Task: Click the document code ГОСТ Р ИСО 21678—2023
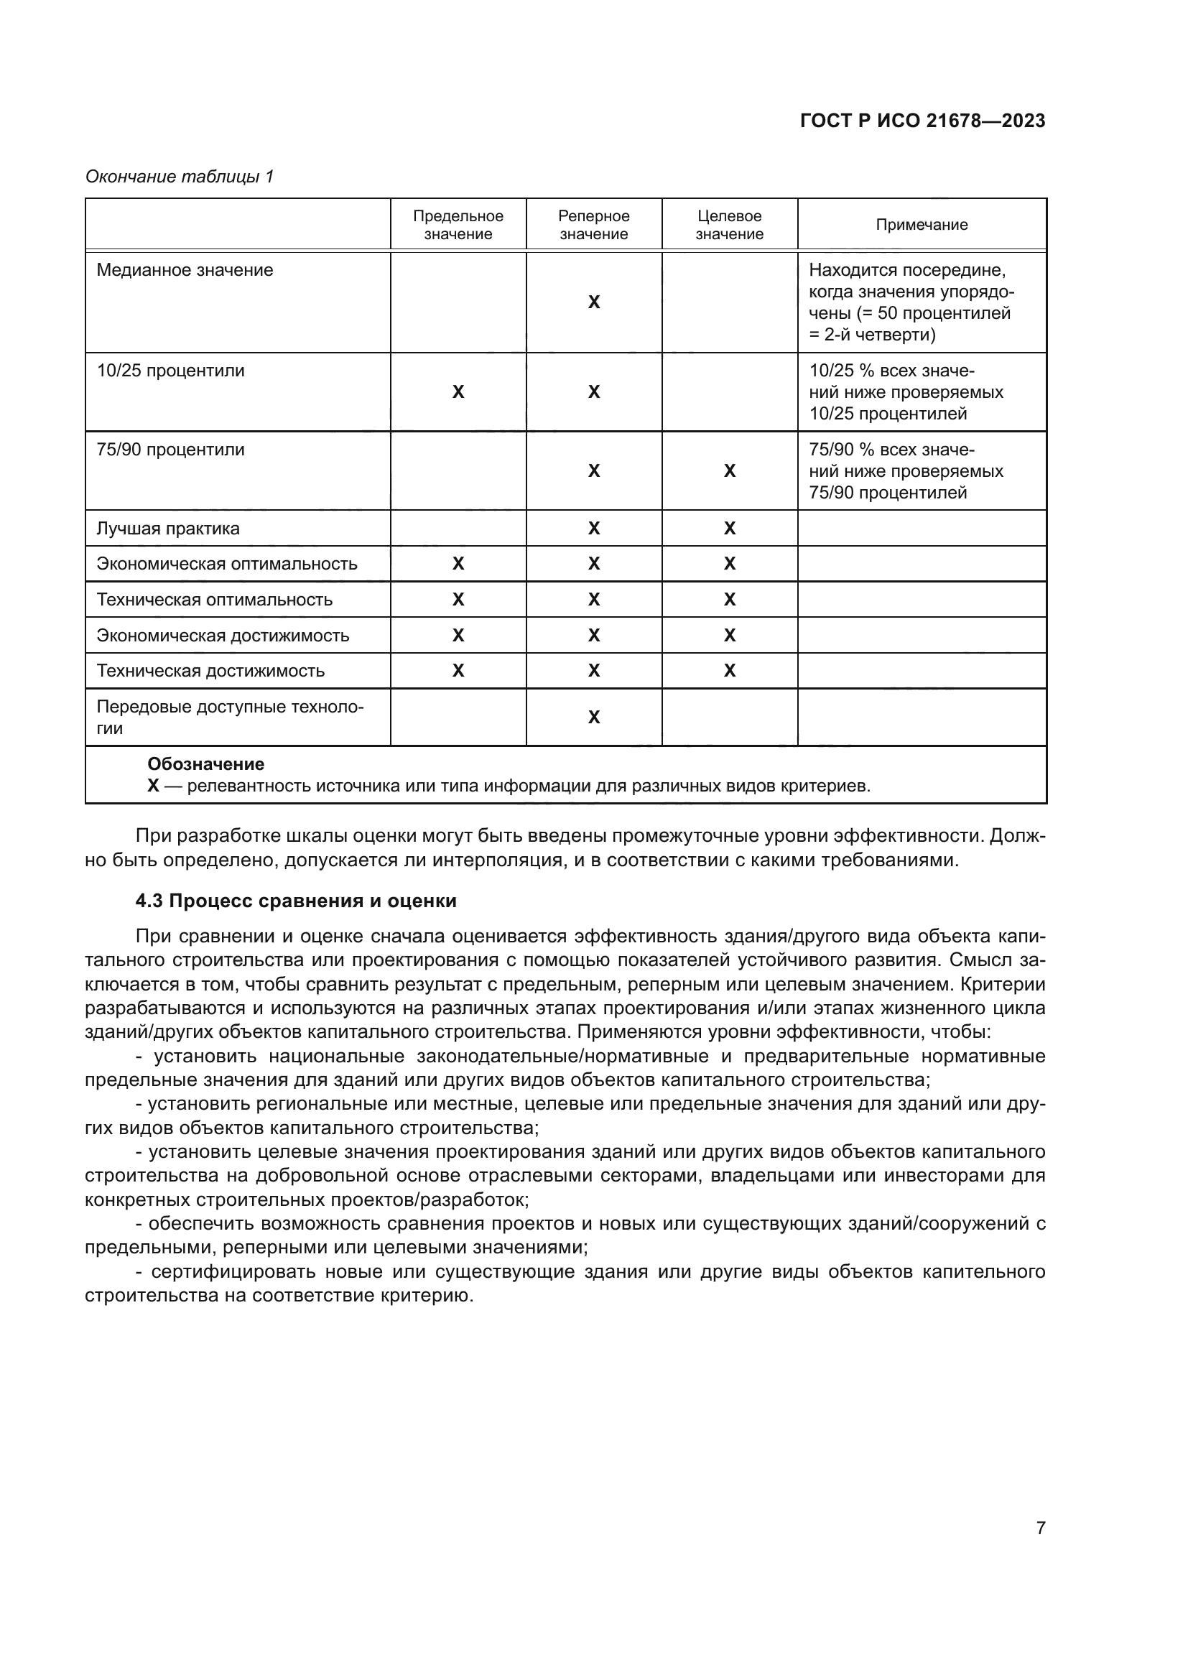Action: click(x=922, y=121)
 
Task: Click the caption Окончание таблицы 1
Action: click(x=180, y=177)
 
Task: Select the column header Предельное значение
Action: click(x=458, y=225)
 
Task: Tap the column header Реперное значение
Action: click(x=593, y=225)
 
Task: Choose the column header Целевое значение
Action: click(x=729, y=225)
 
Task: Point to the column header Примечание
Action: click(x=921, y=225)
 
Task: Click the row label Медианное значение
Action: click(x=185, y=270)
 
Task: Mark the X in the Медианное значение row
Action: click(x=594, y=302)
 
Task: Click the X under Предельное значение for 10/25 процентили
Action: click(x=458, y=392)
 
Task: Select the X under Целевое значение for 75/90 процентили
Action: click(x=729, y=471)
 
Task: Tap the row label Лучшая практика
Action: click(x=167, y=529)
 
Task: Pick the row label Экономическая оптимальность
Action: click(x=227, y=563)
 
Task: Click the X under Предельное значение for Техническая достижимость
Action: click(x=458, y=670)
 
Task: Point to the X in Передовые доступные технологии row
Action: click(x=594, y=717)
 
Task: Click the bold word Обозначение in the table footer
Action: click(x=205, y=764)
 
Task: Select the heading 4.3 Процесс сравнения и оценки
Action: click(x=295, y=901)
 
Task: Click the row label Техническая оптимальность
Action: click(x=214, y=599)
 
